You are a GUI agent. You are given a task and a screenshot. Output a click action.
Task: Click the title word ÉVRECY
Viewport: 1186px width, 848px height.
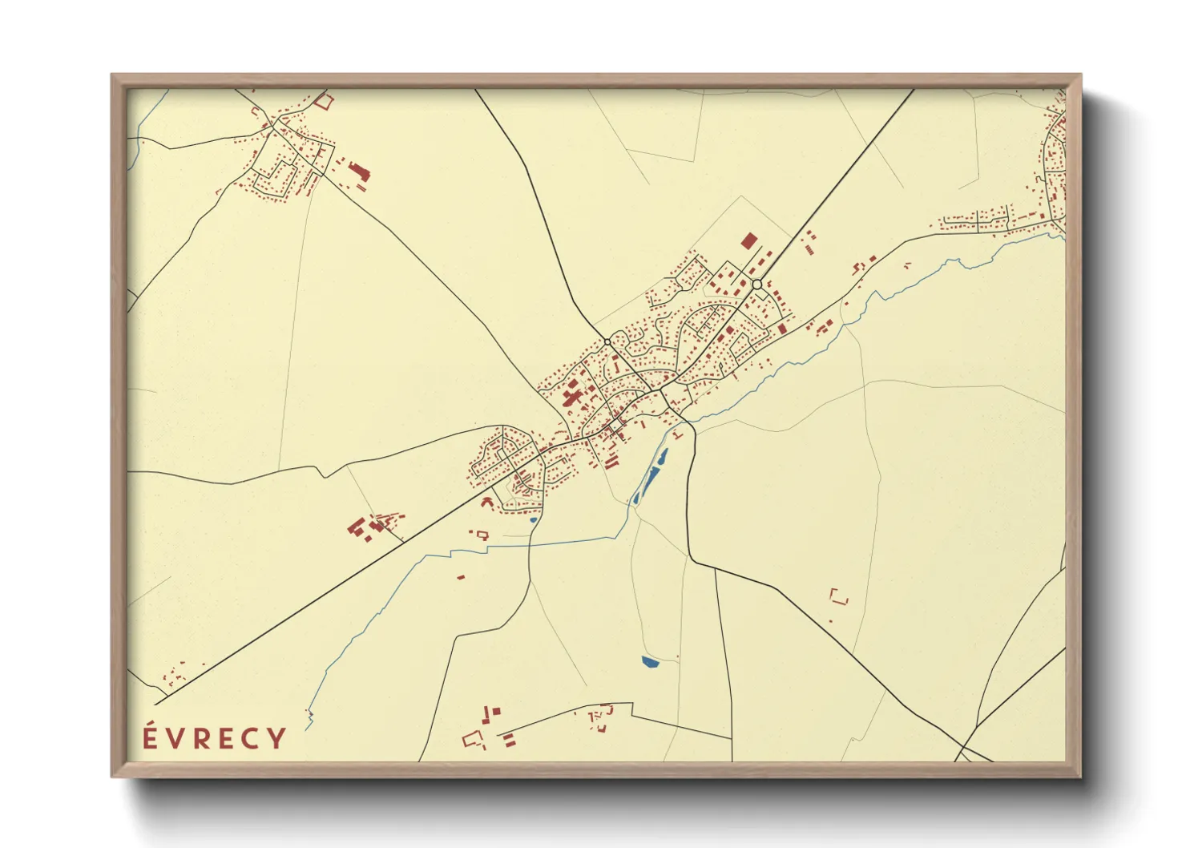coord(214,738)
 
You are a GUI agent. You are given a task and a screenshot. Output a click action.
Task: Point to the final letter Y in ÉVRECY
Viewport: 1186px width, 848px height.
coord(276,738)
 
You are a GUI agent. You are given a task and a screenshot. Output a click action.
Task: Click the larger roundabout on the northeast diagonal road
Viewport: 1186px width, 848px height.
coord(756,285)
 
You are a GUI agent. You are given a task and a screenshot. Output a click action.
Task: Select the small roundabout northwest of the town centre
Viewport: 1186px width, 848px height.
coord(607,342)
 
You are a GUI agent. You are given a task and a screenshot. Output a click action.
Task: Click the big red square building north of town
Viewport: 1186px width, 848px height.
coord(748,240)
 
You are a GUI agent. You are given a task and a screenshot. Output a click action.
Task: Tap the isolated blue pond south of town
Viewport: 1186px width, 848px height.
coord(649,662)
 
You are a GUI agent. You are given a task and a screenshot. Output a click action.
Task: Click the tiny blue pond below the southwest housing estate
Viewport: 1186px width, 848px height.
coord(533,519)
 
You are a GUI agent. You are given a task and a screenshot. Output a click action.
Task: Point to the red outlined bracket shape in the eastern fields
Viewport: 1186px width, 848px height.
coord(838,596)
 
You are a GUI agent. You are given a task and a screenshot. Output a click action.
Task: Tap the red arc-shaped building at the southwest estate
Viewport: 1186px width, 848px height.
coord(486,501)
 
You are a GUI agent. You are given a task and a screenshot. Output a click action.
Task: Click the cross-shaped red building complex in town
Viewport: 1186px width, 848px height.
coord(572,396)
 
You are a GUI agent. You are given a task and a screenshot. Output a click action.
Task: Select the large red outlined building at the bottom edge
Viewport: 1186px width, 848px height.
coord(473,738)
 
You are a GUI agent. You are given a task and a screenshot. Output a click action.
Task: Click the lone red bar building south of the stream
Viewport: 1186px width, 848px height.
coord(462,575)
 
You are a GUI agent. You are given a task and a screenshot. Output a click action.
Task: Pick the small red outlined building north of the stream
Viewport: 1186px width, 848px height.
coord(482,534)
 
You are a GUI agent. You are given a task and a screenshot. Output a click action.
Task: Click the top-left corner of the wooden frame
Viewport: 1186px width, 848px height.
coord(112,76)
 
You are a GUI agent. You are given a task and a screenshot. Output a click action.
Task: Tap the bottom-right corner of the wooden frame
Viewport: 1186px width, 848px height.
coord(1079,776)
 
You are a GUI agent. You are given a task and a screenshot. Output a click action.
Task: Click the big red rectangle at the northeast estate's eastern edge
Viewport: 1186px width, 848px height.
coord(782,329)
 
